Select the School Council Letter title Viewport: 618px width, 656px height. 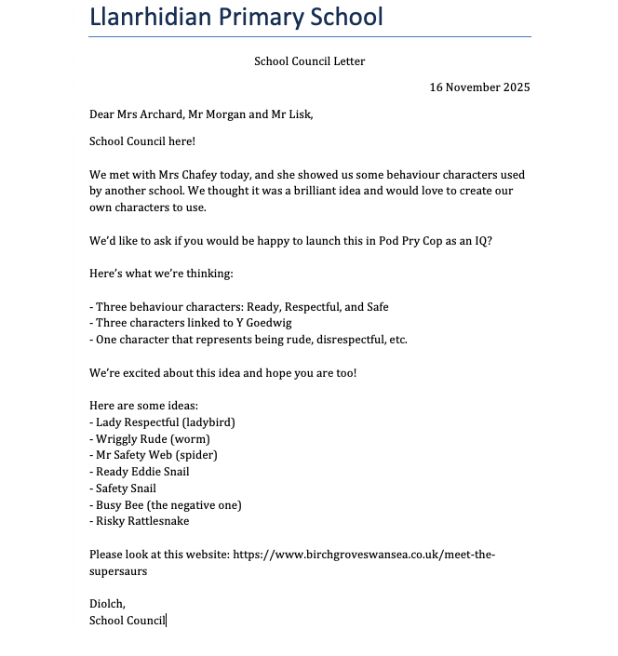309,61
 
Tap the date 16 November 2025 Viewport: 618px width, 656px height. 479,87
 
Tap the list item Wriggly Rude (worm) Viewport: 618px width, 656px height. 153,438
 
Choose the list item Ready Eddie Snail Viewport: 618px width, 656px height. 142,472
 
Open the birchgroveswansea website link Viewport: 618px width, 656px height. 363,555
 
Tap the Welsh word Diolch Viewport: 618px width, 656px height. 107,603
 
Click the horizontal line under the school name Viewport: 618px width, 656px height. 309,37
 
